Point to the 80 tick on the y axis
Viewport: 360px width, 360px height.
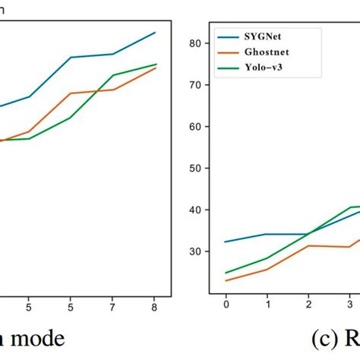[x=195, y=43]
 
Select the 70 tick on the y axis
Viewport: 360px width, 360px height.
[x=195, y=85]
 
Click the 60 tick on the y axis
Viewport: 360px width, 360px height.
[x=195, y=127]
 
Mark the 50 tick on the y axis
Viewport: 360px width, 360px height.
[x=195, y=169]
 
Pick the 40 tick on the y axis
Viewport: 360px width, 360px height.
[x=195, y=210]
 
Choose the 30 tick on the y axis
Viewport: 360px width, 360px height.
[x=195, y=251]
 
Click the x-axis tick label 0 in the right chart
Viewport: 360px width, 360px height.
[x=226, y=304]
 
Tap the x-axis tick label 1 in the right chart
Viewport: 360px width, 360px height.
[x=267, y=304]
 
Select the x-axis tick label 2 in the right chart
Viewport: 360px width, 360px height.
[x=308, y=304]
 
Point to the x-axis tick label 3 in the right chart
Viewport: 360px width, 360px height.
[x=349, y=304]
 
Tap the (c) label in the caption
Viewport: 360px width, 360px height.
[x=322, y=339]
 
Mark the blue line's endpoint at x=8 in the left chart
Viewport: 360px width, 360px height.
[x=155, y=33]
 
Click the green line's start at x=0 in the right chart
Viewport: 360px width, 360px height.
[x=226, y=273]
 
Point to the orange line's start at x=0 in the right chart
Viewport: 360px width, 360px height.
[x=226, y=280]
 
